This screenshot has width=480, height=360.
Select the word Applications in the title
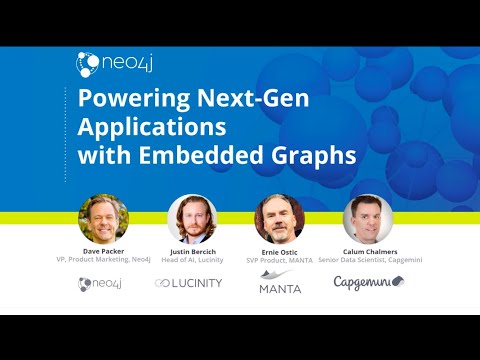click(x=140, y=129)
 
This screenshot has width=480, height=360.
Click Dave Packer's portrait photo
click(x=103, y=219)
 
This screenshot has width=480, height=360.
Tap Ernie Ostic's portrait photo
click(x=279, y=219)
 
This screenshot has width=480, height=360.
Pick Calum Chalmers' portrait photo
click(x=368, y=219)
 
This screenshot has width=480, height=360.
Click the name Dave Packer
click(x=103, y=251)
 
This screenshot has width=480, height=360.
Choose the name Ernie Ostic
click(x=279, y=251)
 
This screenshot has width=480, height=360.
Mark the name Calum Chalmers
click(x=368, y=251)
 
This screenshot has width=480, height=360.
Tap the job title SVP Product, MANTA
click(x=279, y=261)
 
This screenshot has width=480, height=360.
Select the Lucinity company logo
click(x=189, y=284)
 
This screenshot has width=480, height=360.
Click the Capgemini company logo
click(x=368, y=283)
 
